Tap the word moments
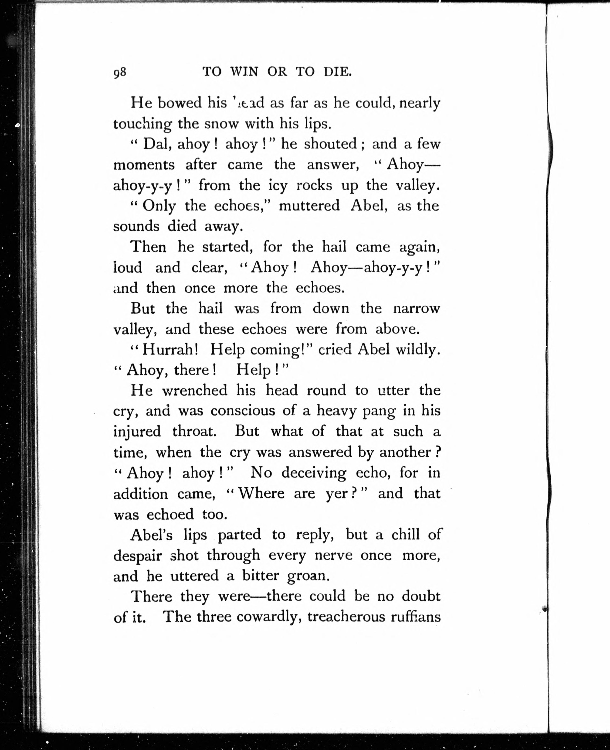tap(144, 165)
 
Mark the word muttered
tap(309, 206)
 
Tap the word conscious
tap(243, 411)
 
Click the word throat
tap(194, 432)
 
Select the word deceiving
tap(314, 473)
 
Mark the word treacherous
tap(346, 617)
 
